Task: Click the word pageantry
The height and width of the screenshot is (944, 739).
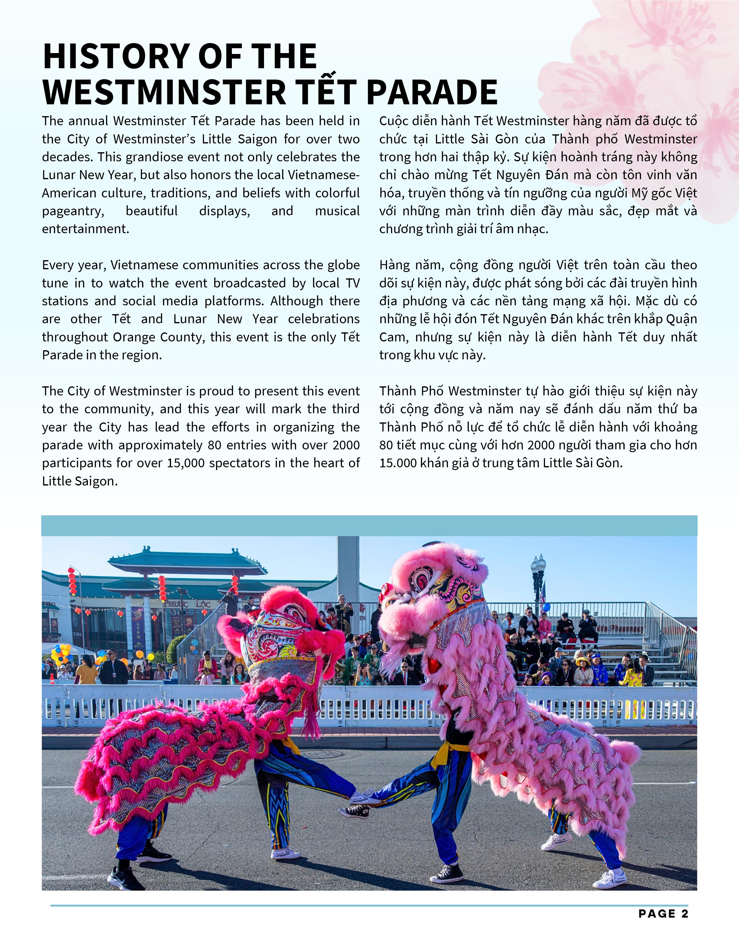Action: (73, 211)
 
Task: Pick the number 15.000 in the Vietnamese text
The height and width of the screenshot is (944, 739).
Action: (398, 463)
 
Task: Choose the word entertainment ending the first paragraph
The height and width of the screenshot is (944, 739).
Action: (85, 229)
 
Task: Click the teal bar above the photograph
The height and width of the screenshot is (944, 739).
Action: (369, 526)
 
